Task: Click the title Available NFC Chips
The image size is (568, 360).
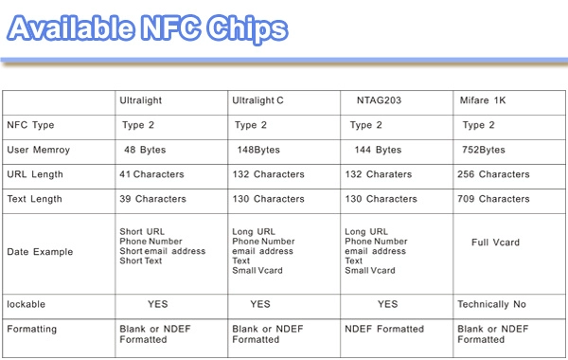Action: (148, 28)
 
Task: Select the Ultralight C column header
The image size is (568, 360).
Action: (257, 100)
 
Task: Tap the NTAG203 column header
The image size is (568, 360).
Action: (379, 100)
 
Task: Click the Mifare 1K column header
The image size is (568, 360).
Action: (483, 100)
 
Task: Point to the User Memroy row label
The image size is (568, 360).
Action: (39, 150)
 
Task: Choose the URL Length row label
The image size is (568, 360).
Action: (35, 174)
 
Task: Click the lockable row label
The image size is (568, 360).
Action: (27, 304)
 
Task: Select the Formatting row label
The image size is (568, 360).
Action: (32, 329)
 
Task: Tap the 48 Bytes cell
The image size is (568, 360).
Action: (145, 150)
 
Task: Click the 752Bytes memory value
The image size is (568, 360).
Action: (483, 150)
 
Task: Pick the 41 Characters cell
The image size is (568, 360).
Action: (151, 174)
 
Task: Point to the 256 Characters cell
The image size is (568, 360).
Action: (493, 174)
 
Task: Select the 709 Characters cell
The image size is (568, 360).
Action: (493, 199)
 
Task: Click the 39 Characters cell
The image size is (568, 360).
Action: (152, 199)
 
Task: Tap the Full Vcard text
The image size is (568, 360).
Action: (495, 243)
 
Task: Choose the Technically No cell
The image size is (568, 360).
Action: (491, 304)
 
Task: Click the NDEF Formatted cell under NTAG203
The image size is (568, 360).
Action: (384, 329)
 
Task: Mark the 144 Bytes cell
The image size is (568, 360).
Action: (378, 150)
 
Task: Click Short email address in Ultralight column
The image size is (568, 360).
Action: (163, 251)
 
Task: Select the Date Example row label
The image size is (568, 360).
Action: (40, 252)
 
